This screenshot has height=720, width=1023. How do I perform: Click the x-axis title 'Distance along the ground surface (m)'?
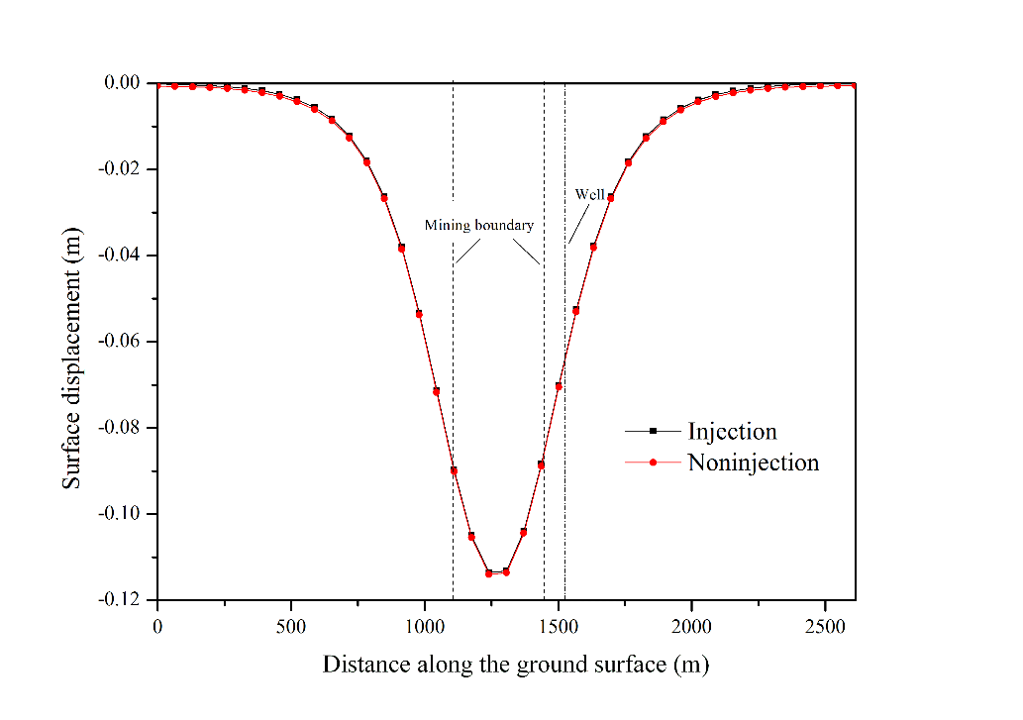click(515, 665)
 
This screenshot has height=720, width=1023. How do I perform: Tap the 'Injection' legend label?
click(732, 432)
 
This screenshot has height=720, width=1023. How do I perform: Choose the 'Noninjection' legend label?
click(753, 463)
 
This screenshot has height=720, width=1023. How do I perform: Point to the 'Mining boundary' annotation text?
click(479, 226)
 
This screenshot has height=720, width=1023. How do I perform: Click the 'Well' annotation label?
click(589, 195)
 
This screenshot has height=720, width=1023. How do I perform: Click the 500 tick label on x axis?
click(291, 627)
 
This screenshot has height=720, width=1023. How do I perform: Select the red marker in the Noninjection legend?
click(653, 463)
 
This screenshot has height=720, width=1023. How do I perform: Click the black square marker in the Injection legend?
click(653, 431)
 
